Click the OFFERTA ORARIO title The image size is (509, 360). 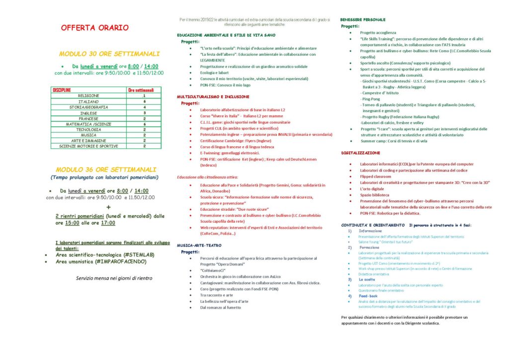[x=94, y=28]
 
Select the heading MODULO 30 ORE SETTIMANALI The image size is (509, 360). [x=109, y=54]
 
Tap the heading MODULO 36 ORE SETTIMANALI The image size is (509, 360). [x=106, y=170]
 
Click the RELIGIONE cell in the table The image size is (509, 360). [x=88, y=95]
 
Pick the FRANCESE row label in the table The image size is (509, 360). [x=88, y=118]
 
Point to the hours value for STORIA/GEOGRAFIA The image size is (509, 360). [x=144, y=107]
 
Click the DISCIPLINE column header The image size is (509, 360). [x=63, y=90]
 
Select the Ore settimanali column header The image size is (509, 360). [x=144, y=90]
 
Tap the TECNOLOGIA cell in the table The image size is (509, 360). [x=88, y=129]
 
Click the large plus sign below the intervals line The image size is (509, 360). [x=108, y=207]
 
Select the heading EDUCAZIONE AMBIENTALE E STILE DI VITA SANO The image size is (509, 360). [x=226, y=35]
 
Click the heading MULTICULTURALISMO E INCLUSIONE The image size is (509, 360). [x=213, y=96]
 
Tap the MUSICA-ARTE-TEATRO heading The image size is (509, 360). [x=199, y=245]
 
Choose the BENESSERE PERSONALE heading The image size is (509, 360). [x=363, y=19]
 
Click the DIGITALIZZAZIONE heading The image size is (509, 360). [x=360, y=153]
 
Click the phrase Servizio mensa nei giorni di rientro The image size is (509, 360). [x=114, y=278]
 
